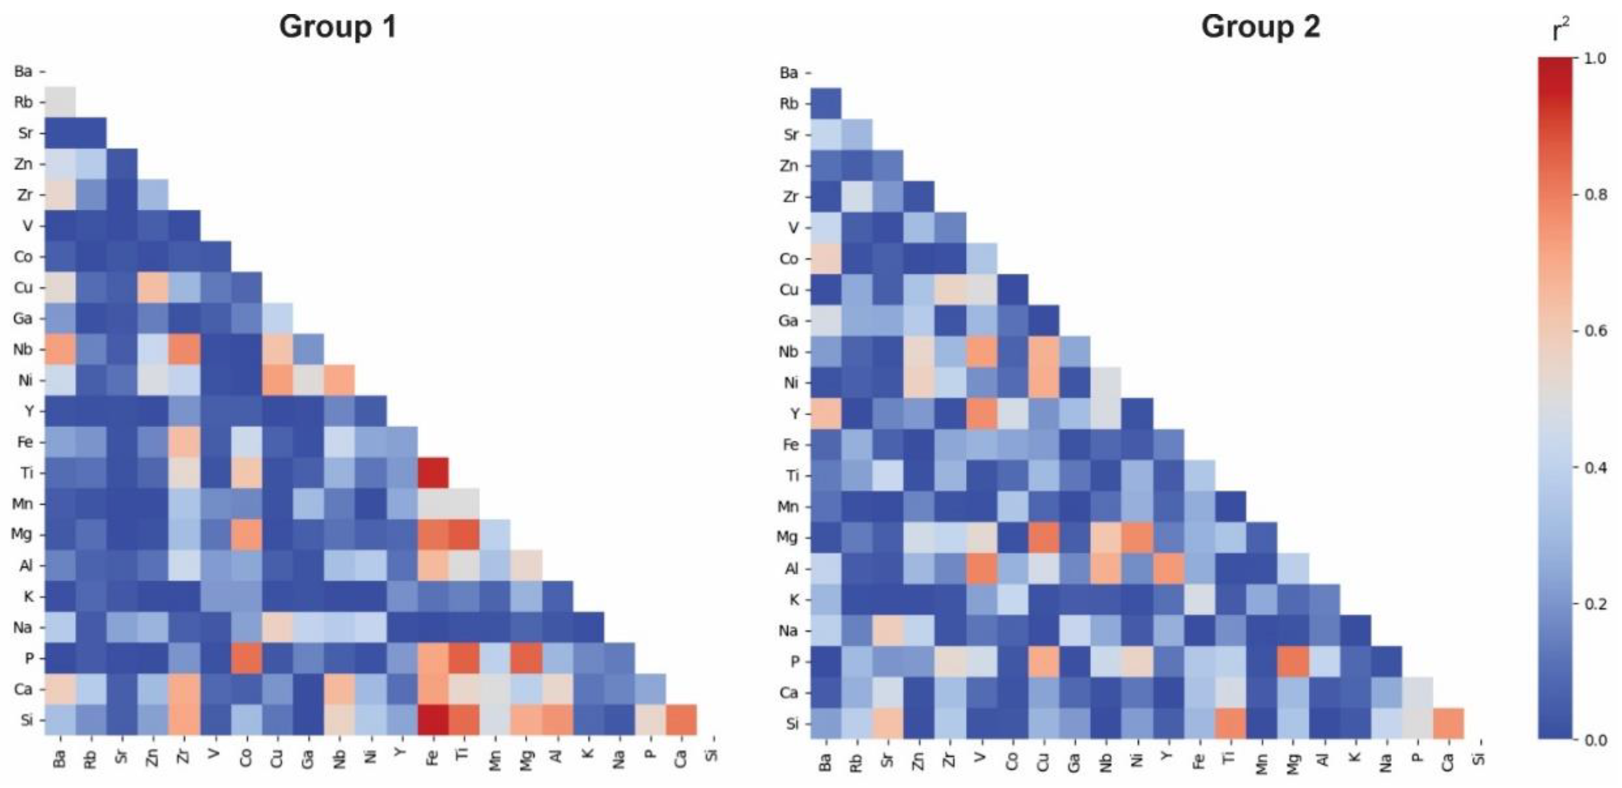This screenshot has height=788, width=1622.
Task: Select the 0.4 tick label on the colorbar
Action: [x=1594, y=467]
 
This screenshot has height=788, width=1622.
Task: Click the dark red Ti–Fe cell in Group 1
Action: [x=433, y=473]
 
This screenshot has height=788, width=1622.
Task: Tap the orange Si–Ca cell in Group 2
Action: [x=1448, y=723]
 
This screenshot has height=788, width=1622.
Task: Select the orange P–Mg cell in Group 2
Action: [x=1293, y=661]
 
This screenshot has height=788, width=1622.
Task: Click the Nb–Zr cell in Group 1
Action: [x=184, y=349]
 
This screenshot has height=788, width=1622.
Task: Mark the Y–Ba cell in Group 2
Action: [x=825, y=414]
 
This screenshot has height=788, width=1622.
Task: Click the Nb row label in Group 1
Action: [x=23, y=349]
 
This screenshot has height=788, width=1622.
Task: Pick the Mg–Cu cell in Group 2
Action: [x=1043, y=538]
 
